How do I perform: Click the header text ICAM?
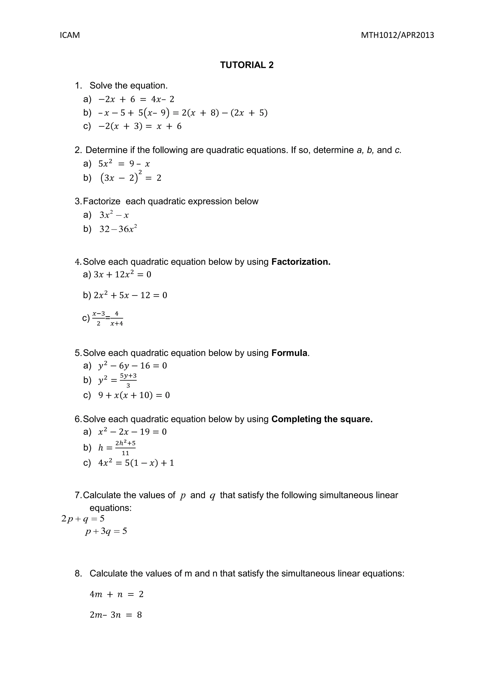tap(70, 35)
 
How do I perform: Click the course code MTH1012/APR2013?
tap(397, 35)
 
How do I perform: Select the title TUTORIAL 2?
tap(247, 65)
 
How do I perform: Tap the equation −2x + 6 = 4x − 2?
tap(136, 99)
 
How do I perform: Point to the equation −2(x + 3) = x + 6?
tap(140, 126)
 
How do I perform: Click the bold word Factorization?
tap(301, 262)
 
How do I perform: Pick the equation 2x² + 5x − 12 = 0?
tap(130, 295)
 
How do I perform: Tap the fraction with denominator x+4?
tap(117, 319)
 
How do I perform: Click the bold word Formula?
tap(289, 353)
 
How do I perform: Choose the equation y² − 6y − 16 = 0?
tap(133, 366)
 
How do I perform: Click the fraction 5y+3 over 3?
tap(128, 380)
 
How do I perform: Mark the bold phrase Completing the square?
tap(322, 419)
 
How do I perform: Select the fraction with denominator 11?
tap(125, 448)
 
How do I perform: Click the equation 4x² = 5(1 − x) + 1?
tap(136, 463)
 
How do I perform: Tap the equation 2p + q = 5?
tap(83, 518)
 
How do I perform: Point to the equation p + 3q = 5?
tap(106, 531)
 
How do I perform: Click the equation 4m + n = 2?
tap(117, 594)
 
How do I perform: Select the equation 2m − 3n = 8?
tap(116, 615)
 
